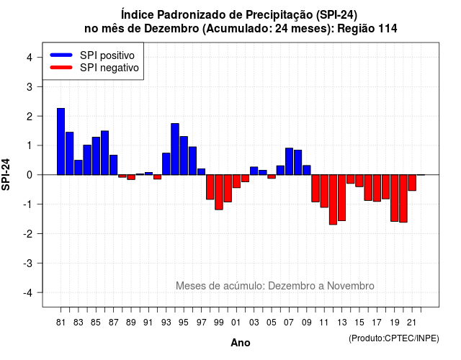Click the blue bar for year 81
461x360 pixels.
pos(61,141)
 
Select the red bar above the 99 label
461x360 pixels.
pos(219,192)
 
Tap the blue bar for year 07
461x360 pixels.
pos(289,161)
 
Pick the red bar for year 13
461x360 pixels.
pos(341,198)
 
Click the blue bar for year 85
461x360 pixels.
pos(96,156)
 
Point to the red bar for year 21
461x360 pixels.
pos(412,183)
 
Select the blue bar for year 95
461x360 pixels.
pos(184,156)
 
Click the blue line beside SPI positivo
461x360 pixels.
pos(61,55)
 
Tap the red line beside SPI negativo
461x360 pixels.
pos(61,68)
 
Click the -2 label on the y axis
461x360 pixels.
pos(29,233)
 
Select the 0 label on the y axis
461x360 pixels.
pos(30,175)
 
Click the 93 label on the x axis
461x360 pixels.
pos(166,323)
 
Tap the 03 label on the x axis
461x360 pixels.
pos(254,323)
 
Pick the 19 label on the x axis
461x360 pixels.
pos(395,323)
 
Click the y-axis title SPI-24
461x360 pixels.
pos(6,174)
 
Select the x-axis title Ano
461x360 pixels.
pos(241,343)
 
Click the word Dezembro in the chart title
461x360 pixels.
pos(171,29)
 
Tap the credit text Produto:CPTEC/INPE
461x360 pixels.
pos(394,338)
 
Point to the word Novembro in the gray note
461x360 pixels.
pos(351,286)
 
